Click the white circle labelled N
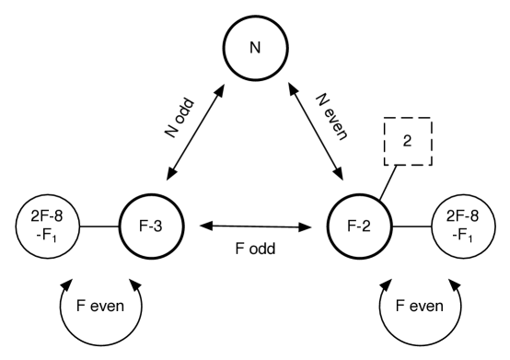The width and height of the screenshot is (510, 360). [255, 48]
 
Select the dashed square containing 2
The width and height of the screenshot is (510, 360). [409, 141]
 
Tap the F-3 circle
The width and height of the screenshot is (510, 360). [151, 226]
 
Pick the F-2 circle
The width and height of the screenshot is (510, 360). [359, 226]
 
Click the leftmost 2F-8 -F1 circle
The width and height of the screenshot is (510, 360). [47, 226]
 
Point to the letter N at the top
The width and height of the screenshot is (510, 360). [255, 48]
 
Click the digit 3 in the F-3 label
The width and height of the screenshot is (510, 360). [161, 226]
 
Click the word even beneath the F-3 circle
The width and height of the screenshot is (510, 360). [111, 306]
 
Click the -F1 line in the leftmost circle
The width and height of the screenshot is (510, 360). [47, 234]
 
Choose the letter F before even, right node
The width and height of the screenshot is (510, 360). [399, 306]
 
